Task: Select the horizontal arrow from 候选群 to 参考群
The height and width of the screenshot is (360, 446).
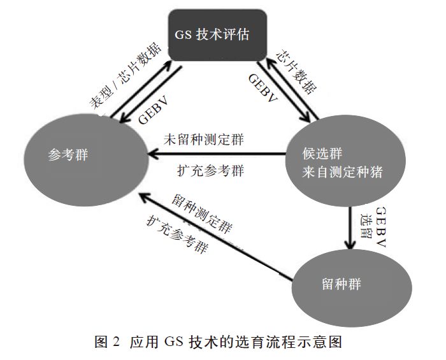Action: [x=217, y=154]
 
